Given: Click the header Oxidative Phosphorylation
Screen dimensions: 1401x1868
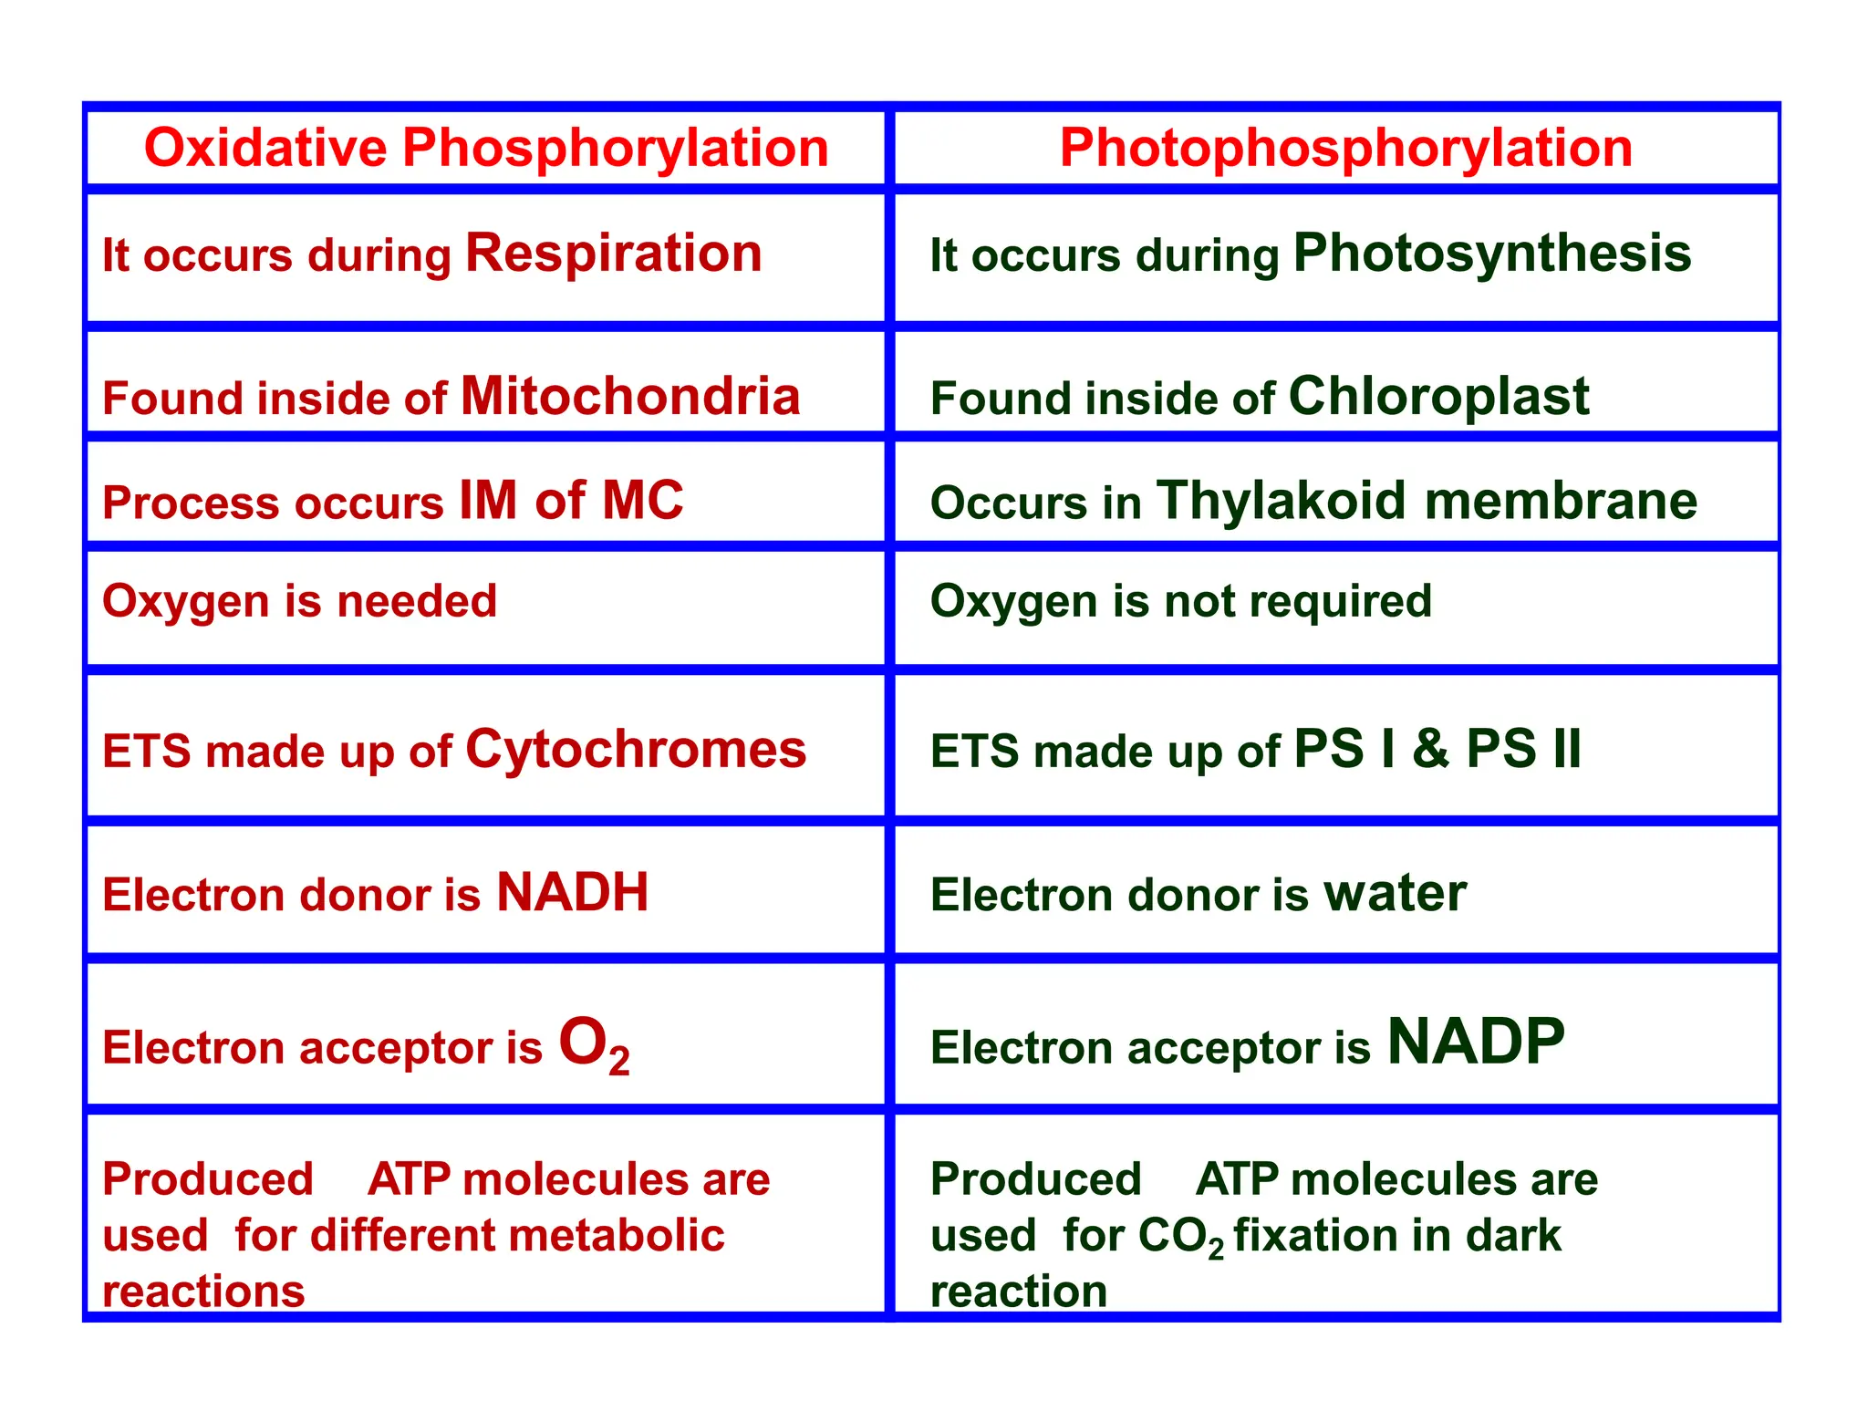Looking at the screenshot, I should [x=486, y=148].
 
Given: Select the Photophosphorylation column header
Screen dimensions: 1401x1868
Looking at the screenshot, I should [x=1345, y=148].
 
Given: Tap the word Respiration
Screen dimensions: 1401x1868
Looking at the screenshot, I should [x=613, y=253].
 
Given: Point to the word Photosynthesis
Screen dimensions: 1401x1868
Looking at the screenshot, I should [x=1492, y=253].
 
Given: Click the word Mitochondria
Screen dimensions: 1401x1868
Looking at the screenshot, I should [x=630, y=397].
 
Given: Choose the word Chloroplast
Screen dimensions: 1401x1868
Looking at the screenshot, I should [x=1438, y=397].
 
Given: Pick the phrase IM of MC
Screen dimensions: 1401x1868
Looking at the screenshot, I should [x=571, y=501].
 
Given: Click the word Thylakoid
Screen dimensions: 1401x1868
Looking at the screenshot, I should [x=1281, y=501].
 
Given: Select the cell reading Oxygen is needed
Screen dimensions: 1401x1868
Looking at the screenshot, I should [x=299, y=601].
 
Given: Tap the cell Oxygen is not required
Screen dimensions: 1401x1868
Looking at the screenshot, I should [x=1180, y=601].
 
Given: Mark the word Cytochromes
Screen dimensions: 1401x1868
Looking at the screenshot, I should [x=636, y=750].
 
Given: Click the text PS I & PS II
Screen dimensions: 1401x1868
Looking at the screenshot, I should [x=1437, y=750].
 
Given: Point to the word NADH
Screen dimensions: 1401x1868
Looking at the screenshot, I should [x=572, y=892].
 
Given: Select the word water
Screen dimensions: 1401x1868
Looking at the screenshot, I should [x=1395, y=893].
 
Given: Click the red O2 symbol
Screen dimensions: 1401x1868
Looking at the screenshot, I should [x=594, y=1044].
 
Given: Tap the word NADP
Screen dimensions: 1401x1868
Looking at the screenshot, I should [x=1475, y=1042].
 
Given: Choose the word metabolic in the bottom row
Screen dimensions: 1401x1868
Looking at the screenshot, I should [x=617, y=1236].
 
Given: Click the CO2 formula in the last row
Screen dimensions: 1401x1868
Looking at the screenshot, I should [x=1180, y=1238].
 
